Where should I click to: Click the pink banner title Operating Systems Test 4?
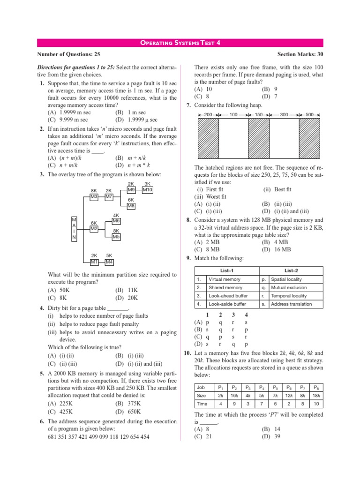180,43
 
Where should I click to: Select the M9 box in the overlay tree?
131,190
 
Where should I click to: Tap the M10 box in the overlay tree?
147,190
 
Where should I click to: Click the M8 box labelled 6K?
131,206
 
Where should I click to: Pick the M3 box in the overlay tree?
94,197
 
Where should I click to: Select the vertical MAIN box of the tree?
74,229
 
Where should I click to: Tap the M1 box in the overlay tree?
94,262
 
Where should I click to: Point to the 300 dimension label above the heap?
284,114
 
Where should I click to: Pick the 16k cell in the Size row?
233,395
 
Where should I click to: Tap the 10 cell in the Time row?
315,404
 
